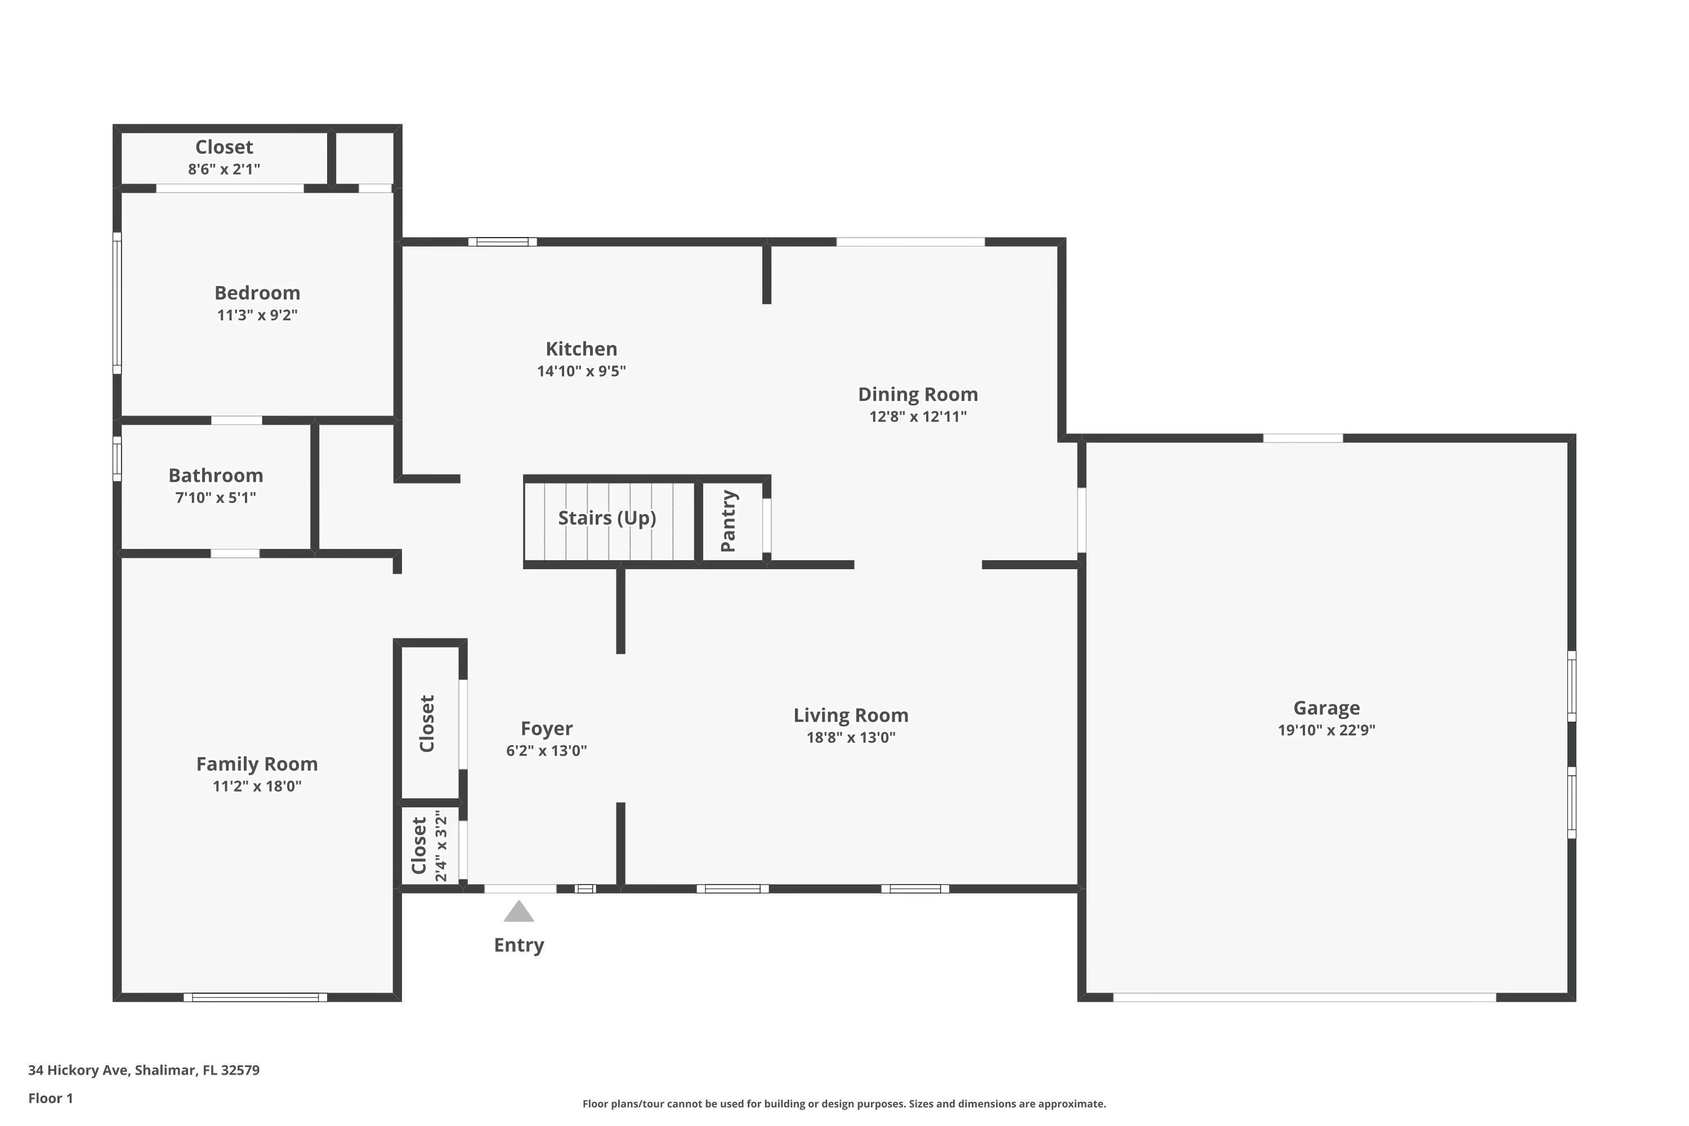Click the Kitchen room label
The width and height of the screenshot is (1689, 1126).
click(581, 349)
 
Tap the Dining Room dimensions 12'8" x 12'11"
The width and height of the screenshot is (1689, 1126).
click(918, 417)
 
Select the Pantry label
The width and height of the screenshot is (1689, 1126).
click(728, 521)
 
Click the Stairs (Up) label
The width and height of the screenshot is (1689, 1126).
click(607, 518)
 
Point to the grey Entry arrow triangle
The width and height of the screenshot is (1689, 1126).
click(519, 912)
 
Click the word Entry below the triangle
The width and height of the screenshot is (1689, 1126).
click(519, 945)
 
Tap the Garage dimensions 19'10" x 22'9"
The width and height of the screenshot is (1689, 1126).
click(1326, 730)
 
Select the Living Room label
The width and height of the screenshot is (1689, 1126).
click(851, 715)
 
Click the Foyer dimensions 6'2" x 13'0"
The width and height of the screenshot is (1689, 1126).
click(547, 750)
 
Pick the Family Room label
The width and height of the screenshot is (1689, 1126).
click(257, 764)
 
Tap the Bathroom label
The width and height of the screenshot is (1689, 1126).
click(216, 475)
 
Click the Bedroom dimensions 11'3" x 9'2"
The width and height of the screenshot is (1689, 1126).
click(257, 315)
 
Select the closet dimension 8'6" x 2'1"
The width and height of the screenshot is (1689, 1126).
click(224, 169)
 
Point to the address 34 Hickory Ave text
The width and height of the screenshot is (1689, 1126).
click(144, 1070)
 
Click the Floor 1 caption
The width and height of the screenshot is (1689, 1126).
click(50, 1098)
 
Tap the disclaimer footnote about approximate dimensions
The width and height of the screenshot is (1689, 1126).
click(844, 1103)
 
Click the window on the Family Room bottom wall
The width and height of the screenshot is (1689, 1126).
click(255, 998)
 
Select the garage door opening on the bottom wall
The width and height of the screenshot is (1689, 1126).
click(1304, 998)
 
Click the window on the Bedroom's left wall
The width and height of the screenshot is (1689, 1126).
click(117, 303)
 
